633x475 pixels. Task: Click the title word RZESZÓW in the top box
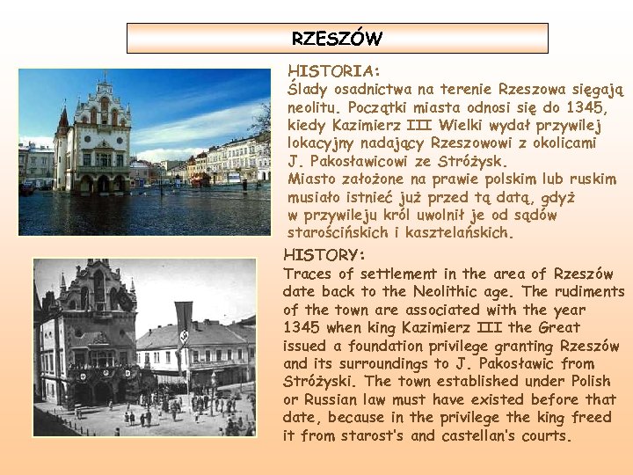337,39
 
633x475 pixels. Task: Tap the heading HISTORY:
324,255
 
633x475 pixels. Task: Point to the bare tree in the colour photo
260,122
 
